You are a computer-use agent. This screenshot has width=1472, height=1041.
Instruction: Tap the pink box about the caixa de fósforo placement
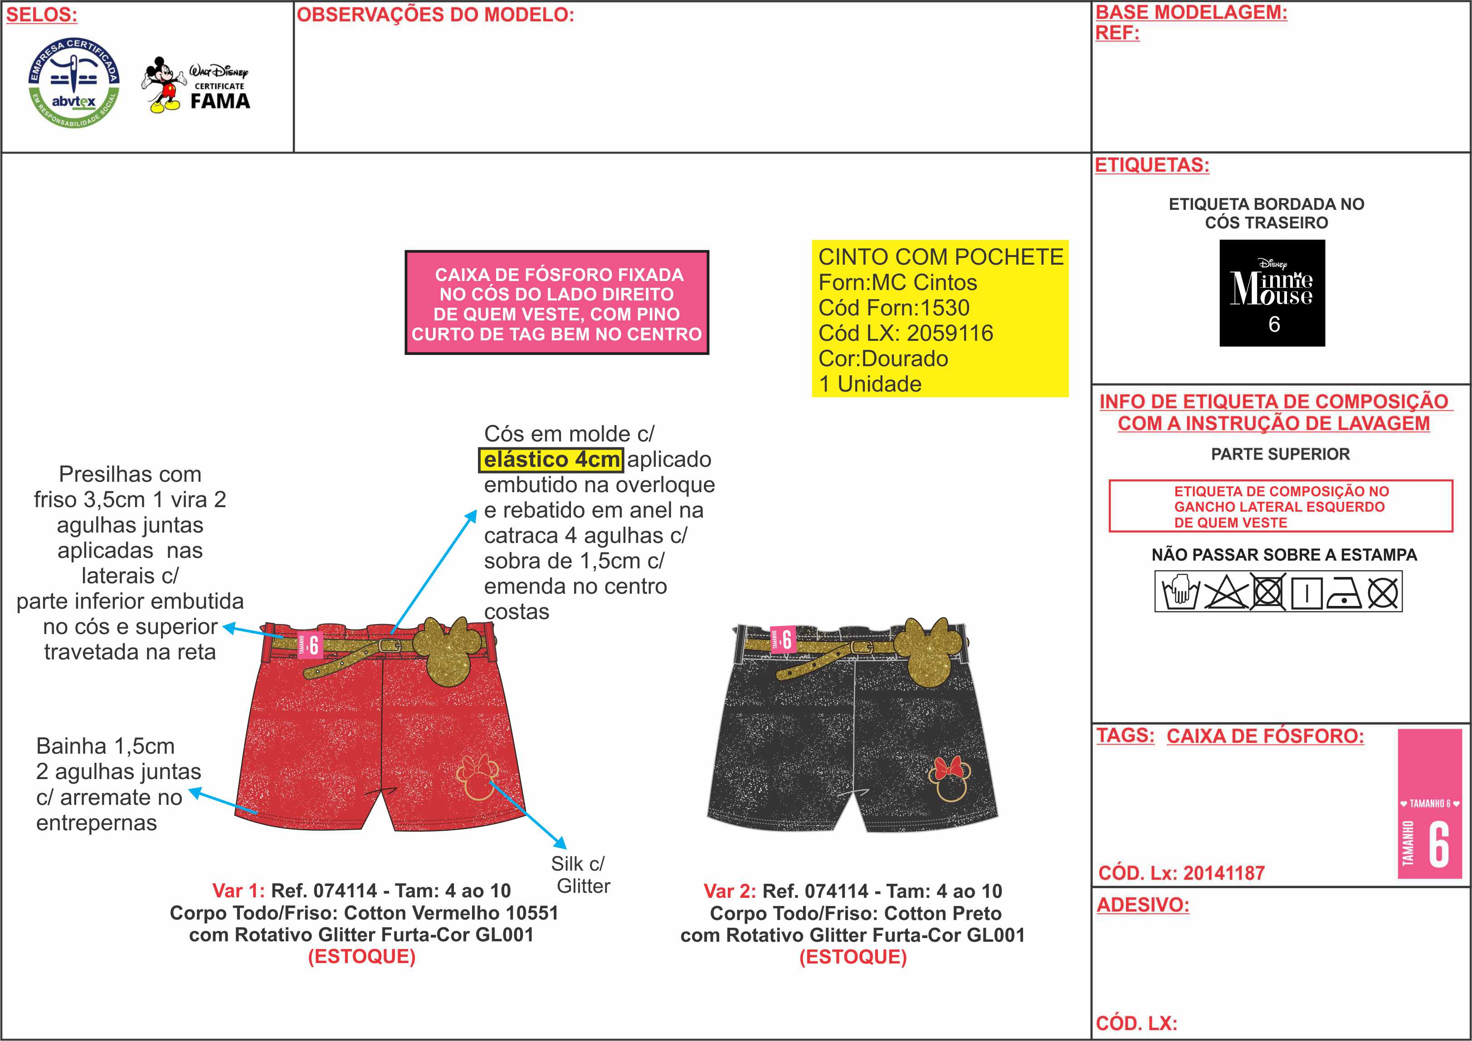pyautogui.click(x=557, y=303)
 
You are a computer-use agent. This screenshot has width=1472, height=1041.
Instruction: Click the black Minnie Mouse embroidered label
pyautogui.click(x=1272, y=293)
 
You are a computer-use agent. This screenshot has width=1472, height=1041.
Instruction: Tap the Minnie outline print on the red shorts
pyautogui.click(x=477, y=777)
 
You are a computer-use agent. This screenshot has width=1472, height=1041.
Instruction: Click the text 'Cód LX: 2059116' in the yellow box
pyautogui.click(x=905, y=333)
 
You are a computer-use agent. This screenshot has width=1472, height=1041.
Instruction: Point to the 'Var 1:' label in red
pyautogui.click(x=238, y=891)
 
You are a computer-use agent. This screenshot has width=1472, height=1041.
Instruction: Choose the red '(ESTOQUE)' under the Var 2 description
pyautogui.click(x=853, y=957)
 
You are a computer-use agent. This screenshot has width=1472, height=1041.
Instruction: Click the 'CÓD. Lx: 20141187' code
pyautogui.click(x=1181, y=873)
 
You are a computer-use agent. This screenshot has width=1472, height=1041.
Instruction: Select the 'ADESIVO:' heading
pyautogui.click(x=1142, y=905)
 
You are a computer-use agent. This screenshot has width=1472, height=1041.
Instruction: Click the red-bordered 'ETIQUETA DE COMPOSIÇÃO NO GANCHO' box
pyautogui.click(x=1280, y=506)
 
